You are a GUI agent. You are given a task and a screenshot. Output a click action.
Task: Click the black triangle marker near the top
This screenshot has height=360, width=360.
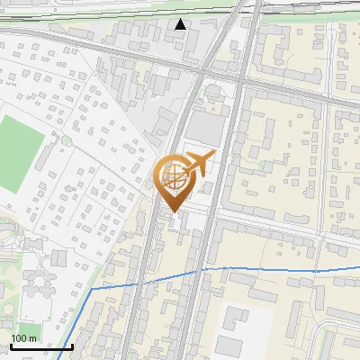coord(182,23)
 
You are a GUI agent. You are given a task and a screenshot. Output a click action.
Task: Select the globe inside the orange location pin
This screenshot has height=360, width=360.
coord(172,177)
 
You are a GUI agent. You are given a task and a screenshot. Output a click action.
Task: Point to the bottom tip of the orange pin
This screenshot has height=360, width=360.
coord(172,212)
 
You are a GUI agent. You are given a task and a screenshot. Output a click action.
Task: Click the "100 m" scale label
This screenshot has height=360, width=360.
coord(24,337)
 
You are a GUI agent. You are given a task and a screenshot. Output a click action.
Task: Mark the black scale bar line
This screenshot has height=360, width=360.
coord(40,346)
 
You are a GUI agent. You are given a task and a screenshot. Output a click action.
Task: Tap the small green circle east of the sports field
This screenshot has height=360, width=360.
coord(66,140)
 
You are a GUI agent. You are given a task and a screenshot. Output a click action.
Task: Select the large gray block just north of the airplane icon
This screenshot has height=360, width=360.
coord(203,131)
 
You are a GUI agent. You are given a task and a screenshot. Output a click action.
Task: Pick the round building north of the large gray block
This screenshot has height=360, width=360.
coord(212,92)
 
